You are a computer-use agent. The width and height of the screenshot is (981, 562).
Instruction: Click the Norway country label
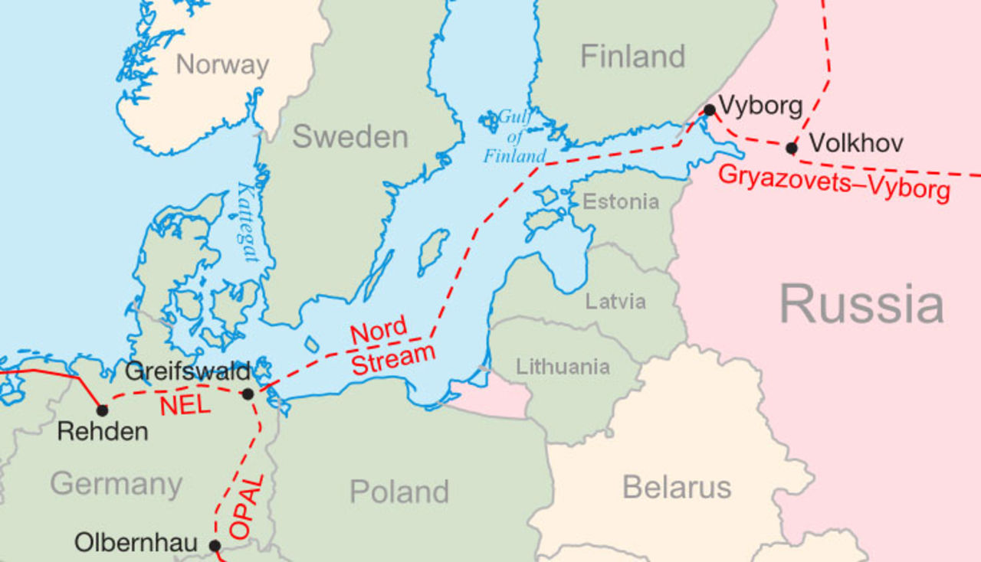click(222, 65)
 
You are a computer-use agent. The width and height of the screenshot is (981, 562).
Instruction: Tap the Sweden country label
click(349, 137)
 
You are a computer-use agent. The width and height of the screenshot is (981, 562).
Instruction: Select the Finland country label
click(632, 57)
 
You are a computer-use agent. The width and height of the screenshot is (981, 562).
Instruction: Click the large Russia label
click(861, 303)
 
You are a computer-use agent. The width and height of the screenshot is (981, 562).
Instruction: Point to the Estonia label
click(621, 202)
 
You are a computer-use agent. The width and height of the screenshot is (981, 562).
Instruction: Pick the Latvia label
click(615, 301)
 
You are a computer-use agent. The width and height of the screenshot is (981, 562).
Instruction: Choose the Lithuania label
click(563, 367)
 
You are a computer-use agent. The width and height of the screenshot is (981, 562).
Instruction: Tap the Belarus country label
click(677, 487)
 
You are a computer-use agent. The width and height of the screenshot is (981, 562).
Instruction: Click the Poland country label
click(399, 492)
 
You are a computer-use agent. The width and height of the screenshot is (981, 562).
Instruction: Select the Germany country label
click(116, 484)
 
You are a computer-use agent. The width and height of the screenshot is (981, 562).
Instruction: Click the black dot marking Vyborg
click(709, 110)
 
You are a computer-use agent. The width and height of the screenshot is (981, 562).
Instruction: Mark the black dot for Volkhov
click(792, 148)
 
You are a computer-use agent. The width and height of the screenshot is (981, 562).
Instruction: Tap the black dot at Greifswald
click(248, 394)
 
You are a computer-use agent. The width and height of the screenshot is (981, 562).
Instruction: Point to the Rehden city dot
click(102, 410)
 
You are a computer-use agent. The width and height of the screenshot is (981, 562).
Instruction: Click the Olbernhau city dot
click(215, 546)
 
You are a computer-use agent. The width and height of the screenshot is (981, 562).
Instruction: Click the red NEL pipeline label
click(185, 405)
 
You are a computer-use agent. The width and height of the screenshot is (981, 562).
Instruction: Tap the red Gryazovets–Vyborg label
click(834, 182)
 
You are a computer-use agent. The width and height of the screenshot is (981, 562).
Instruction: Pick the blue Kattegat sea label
click(248, 222)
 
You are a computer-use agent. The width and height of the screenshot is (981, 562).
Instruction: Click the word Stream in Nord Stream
click(393, 358)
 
